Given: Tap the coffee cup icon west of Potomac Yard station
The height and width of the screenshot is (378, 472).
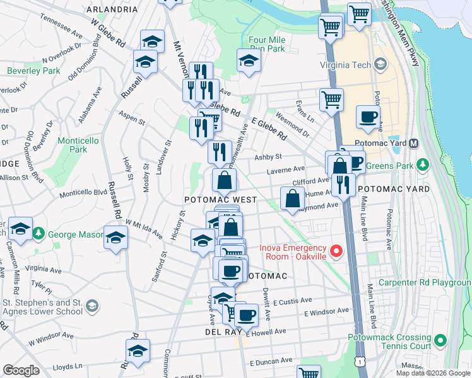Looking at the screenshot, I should [x=368, y=116].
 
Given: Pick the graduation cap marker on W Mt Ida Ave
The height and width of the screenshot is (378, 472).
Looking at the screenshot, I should [x=115, y=238].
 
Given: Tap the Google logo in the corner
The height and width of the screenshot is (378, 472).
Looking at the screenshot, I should [x=21, y=370].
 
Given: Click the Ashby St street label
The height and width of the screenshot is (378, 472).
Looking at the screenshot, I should [x=268, y=157].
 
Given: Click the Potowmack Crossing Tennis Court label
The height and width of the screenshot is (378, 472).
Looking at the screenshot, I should [x=389, y=342].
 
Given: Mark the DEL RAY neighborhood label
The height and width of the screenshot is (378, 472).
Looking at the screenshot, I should [x=220, y=331].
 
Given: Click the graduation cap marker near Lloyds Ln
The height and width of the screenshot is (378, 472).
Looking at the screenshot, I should [x=137, y=351].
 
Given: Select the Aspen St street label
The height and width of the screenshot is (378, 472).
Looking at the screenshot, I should [x=132, y=117].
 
